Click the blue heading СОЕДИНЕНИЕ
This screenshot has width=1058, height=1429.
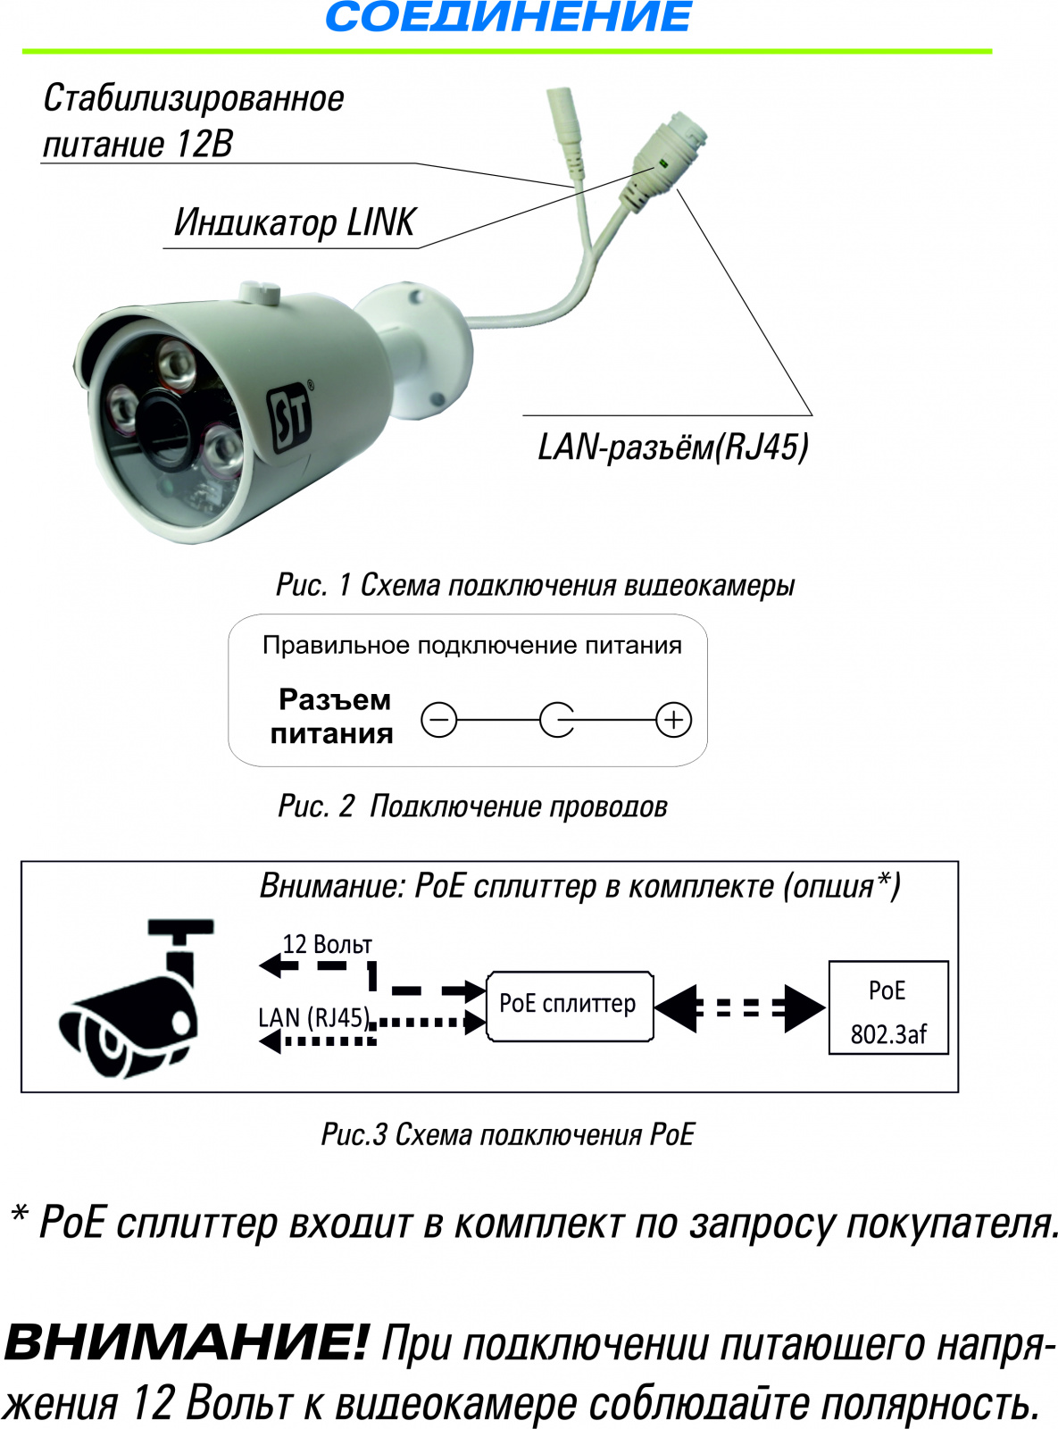(508, 16)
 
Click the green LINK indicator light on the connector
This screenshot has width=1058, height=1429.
(660, 164)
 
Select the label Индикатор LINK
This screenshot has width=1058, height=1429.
(296, 223)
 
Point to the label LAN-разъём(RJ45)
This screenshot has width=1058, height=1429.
(672, 447)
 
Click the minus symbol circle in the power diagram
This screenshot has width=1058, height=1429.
(438, 720)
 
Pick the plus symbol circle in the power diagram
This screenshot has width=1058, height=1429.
(673, 720)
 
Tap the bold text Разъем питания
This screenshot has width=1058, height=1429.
(332, 716)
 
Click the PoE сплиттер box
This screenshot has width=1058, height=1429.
(570, 1006)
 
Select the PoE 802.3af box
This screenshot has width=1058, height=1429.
(888, 1008)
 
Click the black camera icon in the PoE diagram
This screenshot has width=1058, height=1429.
(136, 998)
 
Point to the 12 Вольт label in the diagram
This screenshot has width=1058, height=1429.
(328, 945)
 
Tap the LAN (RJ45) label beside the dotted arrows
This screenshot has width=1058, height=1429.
(313, 1018)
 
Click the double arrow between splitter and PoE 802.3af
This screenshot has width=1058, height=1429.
(740, 1008)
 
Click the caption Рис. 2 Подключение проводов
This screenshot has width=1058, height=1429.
(472, 806)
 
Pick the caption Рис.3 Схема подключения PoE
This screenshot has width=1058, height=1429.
(508, 1134)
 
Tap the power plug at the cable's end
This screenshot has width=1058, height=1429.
(564, 129)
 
